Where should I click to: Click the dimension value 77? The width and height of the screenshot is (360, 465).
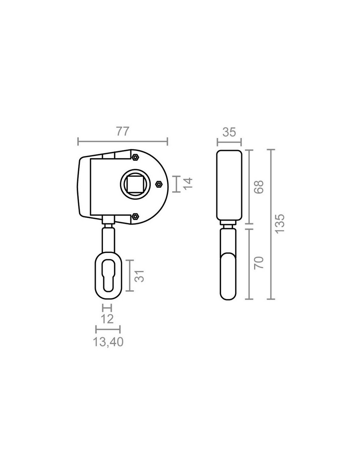point(123,131)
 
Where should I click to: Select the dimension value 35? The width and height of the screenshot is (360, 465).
point(229,132)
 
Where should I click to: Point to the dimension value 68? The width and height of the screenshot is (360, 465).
point(259,187)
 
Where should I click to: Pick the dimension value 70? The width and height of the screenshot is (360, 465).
point(259,263)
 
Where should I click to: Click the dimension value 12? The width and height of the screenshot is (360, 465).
point(107,319)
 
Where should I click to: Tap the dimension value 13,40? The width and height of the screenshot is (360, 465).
point(108,342)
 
